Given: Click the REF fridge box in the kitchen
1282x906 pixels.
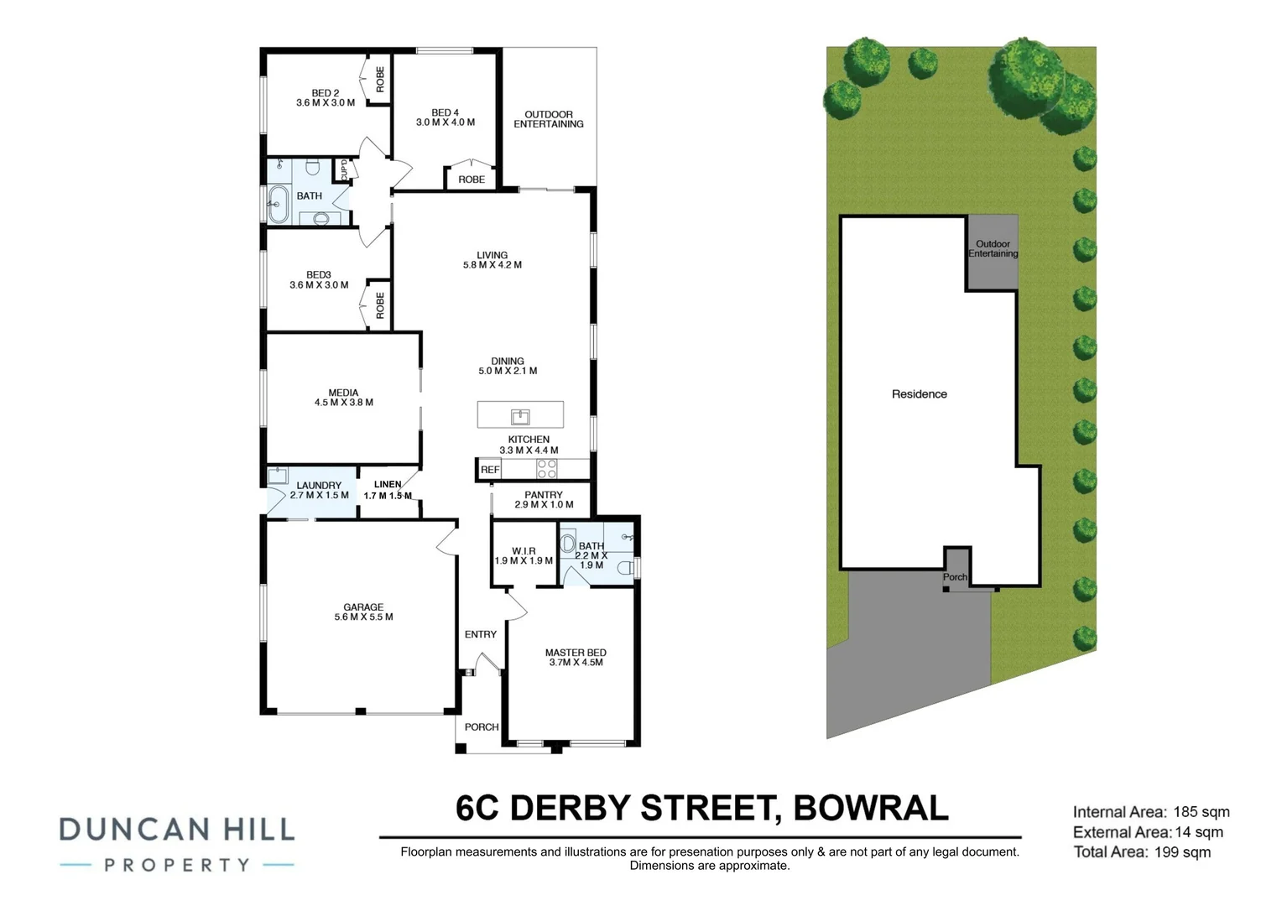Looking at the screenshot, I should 490,470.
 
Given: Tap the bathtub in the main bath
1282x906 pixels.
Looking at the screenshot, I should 278,204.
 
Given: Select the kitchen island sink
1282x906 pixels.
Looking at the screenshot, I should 521,415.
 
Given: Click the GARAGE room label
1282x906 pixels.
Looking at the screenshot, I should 363,607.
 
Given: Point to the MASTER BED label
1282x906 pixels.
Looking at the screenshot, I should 576,653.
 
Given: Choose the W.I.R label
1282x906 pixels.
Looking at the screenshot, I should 524,551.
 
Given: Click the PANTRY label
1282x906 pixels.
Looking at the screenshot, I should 544,495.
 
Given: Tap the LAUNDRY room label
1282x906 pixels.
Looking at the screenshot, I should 319,485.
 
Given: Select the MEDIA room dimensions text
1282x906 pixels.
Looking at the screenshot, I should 344,403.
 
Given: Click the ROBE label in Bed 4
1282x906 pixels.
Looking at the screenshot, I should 472,180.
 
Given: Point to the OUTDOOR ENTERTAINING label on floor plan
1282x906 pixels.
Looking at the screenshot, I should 549,119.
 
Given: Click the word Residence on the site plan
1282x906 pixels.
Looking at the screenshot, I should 920,393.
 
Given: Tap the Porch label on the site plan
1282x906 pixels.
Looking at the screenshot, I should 955,577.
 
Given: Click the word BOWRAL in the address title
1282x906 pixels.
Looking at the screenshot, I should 871,808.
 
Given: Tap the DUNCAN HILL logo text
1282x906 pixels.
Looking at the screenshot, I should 177,830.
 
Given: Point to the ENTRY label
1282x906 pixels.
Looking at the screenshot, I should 481,634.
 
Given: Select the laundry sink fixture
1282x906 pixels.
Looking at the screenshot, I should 278,476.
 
